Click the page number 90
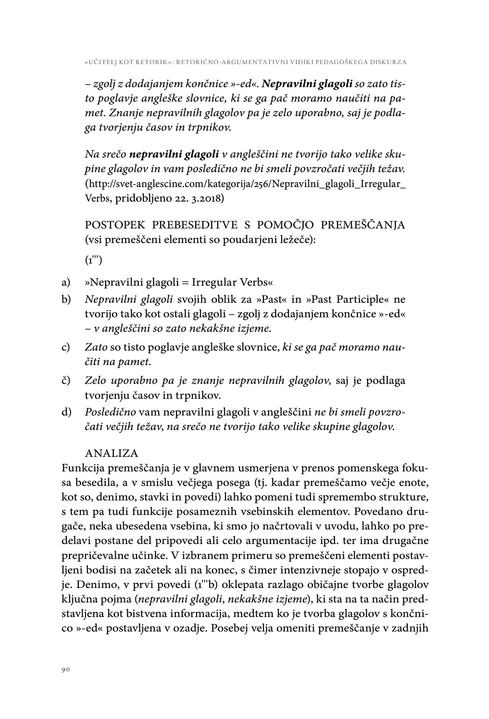pos(65,670)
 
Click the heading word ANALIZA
pos(111,453)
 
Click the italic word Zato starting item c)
pos(97,347)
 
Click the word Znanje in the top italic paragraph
pos(123,113)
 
